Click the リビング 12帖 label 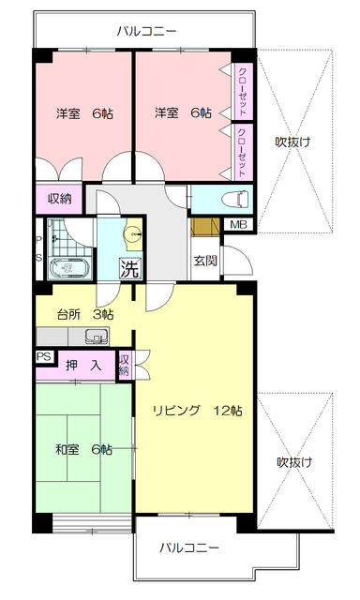click(x=198, y=411)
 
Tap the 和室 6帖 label click(x=83, y=449)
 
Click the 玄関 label click(x=206, y=261)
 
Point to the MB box click(x=239, y=224)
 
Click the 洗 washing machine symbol click(x=130, y=268)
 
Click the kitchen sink click(x=97, y=336)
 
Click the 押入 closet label click(x=83, y=366)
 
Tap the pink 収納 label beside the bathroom click(x=59, y=199)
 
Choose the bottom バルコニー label click(x=188, y=547)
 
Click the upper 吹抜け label click(x=292, y=142)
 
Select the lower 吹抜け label click(x=292, y=462)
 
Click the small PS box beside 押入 click(x=43, y=357)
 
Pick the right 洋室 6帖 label click(x=183, y=113)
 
